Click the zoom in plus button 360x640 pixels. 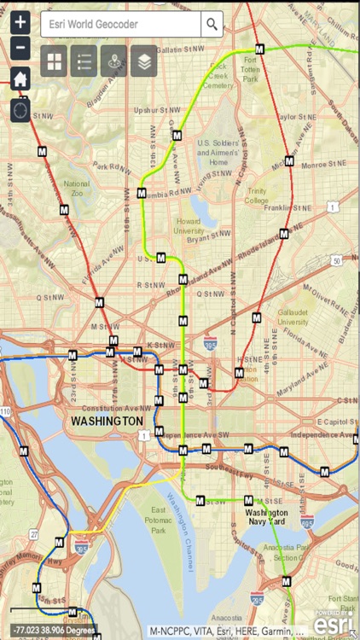[21, 23]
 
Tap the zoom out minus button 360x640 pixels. [21, 48]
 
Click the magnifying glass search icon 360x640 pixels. [212, 24]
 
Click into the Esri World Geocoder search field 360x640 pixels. [119, 24]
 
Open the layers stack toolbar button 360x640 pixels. [143, 61]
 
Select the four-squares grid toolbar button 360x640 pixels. [54, 61]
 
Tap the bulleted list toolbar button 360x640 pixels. [84, 61]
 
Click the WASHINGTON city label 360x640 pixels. [107, 422]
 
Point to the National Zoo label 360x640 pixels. [77, 188]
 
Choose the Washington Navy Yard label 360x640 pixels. [266, 517]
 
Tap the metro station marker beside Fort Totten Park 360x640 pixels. [260, 49]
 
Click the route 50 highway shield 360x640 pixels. [337, 260]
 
